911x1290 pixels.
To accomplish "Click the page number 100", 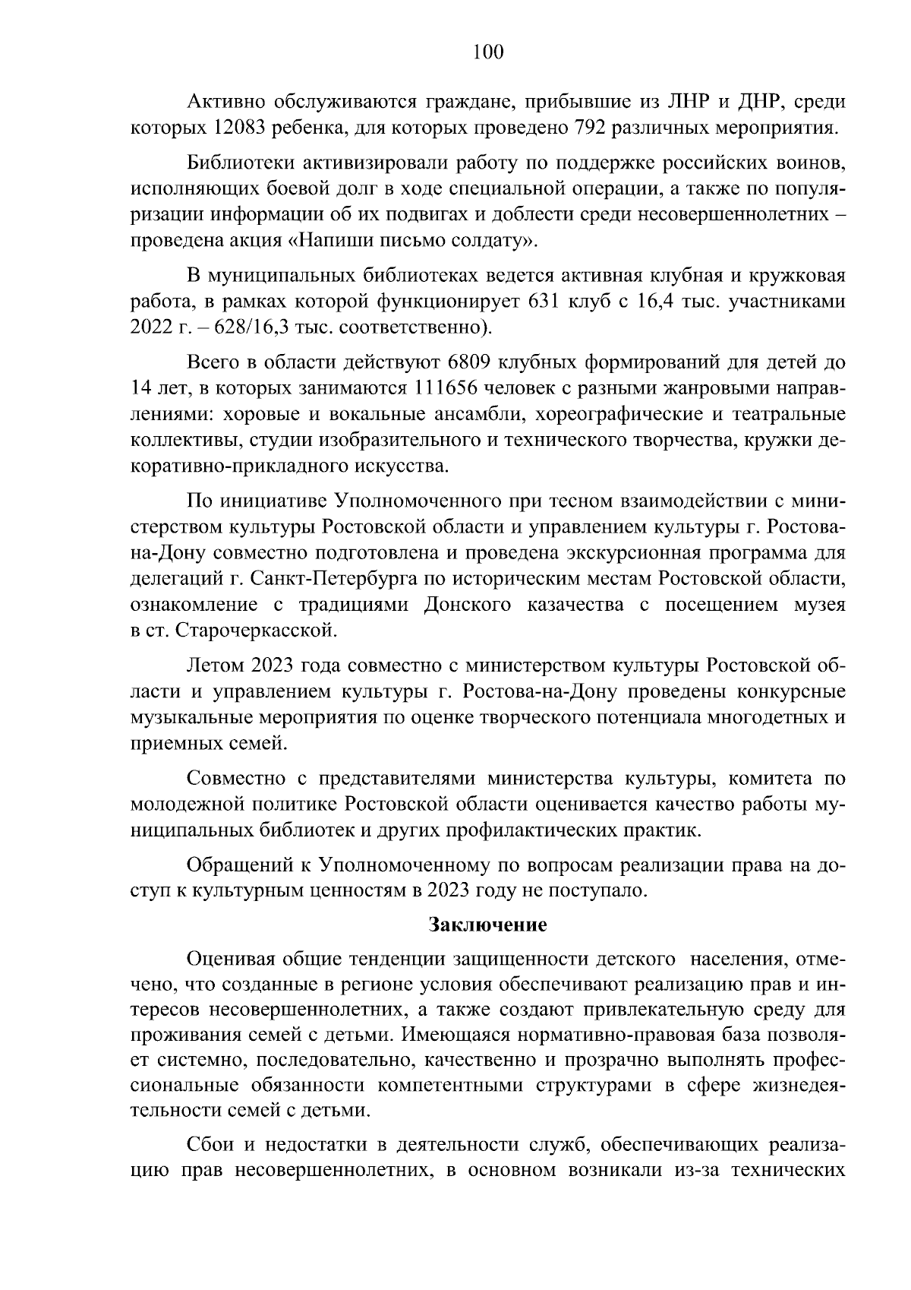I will pyautogui.click(x=487, y=52).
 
